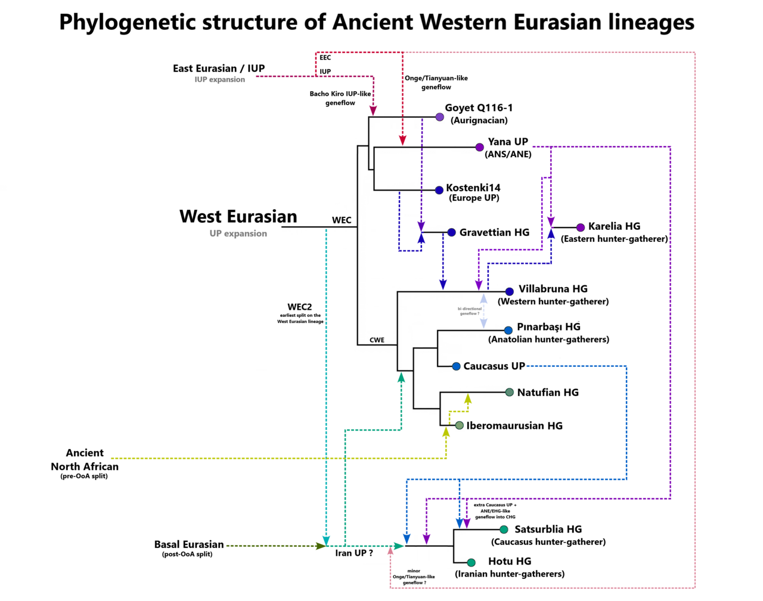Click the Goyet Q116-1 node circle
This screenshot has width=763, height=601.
(x=439, y=117)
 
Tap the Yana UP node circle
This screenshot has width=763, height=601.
(x=479, y=147)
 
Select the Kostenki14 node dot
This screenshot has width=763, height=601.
(x=439, y=190)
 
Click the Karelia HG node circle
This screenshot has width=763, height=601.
(x=581, y=228)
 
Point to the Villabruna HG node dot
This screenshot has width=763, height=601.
(x=509, y=292)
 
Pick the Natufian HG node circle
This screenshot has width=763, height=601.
(x=509, y=392)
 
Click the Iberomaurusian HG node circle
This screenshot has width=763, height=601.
(x=459, y=425)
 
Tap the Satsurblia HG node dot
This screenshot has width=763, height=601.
(x=504, y=530)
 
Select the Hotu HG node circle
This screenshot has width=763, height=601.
(x=471, y=562)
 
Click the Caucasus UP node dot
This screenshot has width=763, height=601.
(x=456, y=366)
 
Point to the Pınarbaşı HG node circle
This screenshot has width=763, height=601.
(x=508, y=330)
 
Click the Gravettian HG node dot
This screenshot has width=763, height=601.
(x=451, y=232)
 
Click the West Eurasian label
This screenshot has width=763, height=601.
(x=238, y=217)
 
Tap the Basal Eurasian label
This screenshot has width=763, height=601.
(x=189, y=544)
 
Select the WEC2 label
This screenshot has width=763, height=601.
(x=299, y=307)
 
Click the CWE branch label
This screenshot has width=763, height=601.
(x=377, y=340)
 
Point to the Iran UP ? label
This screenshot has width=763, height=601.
(x=354, y=553)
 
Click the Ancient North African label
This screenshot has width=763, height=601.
(x=85, y=460)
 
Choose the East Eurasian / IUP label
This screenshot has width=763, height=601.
(x=219, y=68)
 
